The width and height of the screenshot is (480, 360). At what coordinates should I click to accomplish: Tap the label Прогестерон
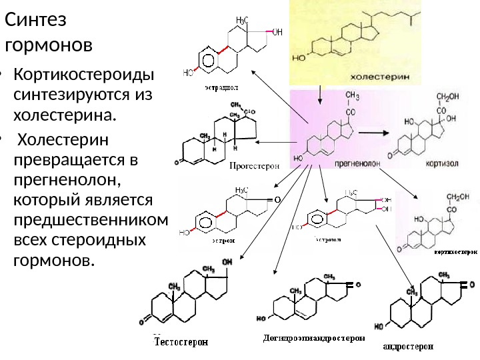[255, 164]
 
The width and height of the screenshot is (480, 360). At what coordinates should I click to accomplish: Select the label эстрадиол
[221, 86]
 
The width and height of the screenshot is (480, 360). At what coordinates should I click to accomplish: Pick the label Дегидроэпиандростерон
[314, 338]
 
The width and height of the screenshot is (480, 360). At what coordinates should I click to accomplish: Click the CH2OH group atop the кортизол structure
[447, 97]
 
